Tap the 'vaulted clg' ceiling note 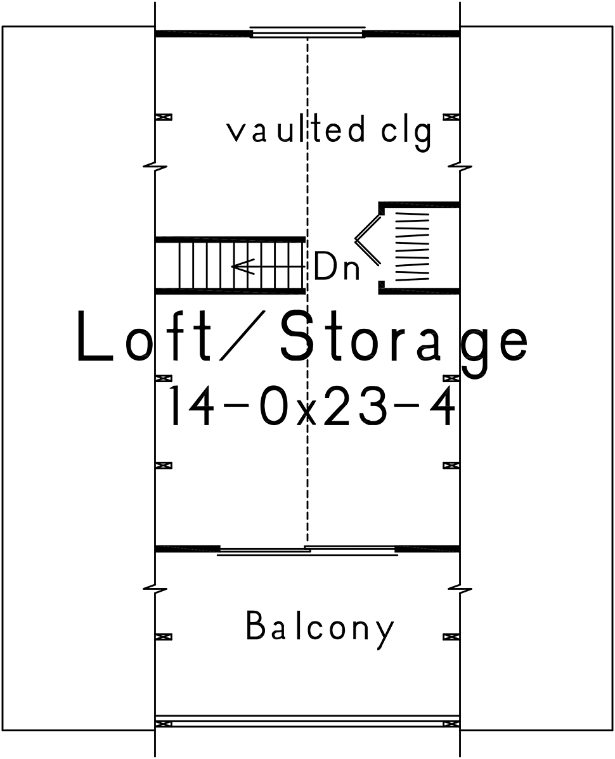[329, 132]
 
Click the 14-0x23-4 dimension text [311, 406]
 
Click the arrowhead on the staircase [243, 266]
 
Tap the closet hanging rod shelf [413, 247]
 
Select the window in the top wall [307, 32]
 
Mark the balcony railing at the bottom [307, 721]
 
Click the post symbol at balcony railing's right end [451, 724]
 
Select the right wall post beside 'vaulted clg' [451, 117]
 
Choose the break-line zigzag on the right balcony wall [460, 590]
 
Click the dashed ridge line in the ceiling [307, 290]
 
